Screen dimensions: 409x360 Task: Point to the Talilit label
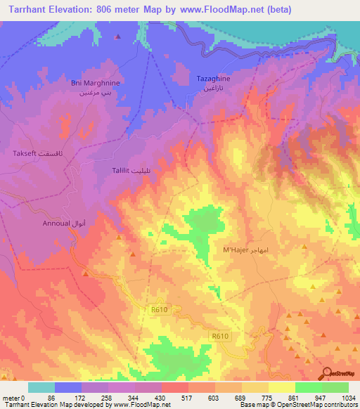click(x=124, y=170)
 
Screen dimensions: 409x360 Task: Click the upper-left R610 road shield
click(x=160, y=309)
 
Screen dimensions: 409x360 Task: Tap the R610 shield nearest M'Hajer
click(x=220, y=337)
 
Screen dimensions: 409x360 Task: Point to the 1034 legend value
click(x=347, y=397)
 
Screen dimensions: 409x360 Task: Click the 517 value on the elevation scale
click(x=174, y=397)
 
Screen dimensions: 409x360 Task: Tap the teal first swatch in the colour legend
click(x=41, y=387)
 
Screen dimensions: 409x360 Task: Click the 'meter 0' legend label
click(x=14, y=397)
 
